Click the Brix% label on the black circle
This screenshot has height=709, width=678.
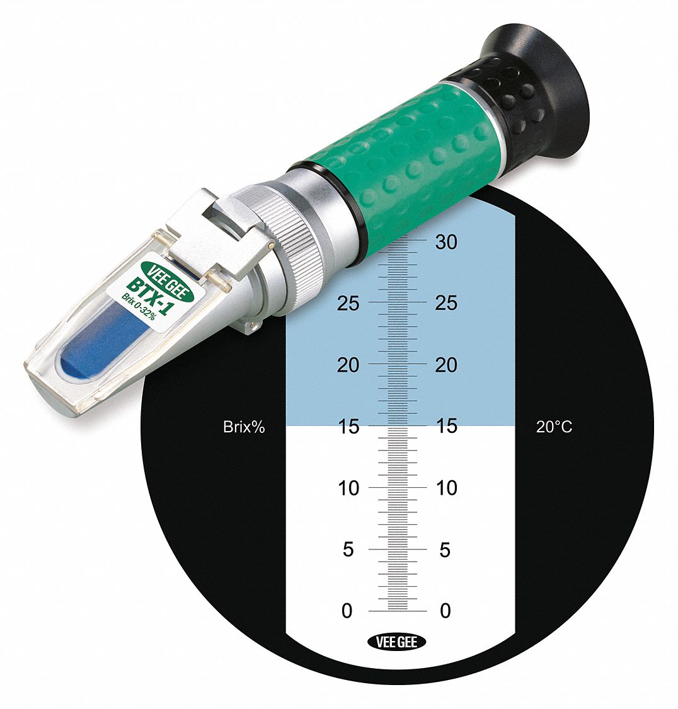coord(244,427)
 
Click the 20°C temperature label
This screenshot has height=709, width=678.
coord(554,427)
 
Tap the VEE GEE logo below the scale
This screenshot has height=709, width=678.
coord(396,642)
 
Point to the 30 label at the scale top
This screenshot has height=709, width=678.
coord(446,242)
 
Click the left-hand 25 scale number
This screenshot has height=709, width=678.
coord(348,303)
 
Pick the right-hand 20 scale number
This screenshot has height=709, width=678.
coord(446,365)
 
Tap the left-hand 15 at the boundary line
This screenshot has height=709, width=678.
coord(348,427)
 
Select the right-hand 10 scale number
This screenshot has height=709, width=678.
coord(446,488)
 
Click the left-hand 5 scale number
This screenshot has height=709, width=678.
coord(348,550)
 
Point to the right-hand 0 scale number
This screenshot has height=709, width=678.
coord(445,611)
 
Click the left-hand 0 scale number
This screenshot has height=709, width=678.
coord(347,611)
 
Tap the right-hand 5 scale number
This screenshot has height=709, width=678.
coord(445,550)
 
